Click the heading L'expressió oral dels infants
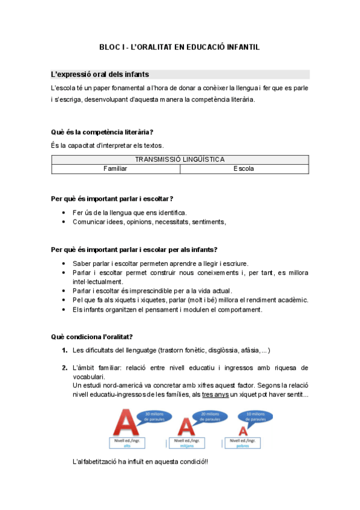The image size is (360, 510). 100,75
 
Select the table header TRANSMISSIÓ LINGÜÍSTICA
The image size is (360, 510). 180,159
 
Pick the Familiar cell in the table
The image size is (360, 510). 115,169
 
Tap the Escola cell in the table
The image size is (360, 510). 244,169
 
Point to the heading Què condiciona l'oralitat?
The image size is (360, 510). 92,336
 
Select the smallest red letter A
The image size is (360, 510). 242,431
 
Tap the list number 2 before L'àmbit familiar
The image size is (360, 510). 64,367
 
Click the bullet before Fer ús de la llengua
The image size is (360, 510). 64,213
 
